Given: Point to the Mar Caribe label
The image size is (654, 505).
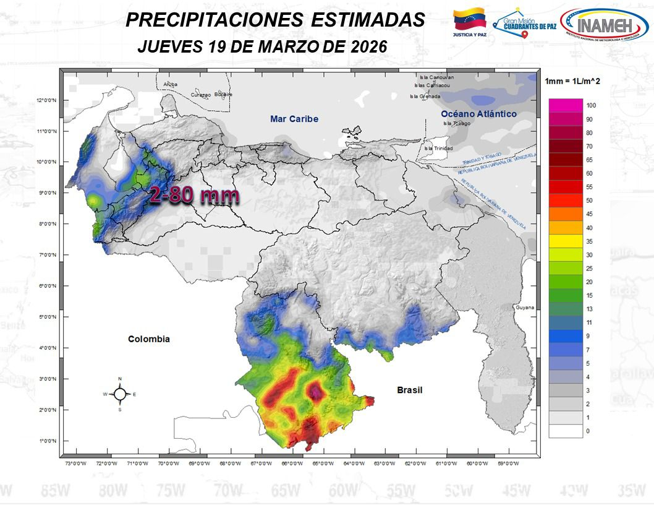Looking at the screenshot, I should (x=294, y=118).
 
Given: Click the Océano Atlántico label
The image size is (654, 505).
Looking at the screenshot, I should (x=478, y=114).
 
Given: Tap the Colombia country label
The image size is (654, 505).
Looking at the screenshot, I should (x=148, y=339).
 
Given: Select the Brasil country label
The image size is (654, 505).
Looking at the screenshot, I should (x=409, y=390).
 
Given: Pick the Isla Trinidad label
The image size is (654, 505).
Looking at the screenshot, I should (x=438, y=149).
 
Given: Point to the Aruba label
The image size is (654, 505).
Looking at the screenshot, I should (x=170, y=84).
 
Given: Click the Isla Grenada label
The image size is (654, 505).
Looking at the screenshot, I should (x=425, y=97).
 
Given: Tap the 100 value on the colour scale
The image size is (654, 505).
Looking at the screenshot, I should (x=590, y=106).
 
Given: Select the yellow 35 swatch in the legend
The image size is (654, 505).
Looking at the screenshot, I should (x=566, y=241).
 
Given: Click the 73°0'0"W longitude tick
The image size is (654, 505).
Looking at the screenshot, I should (x=75, y=464).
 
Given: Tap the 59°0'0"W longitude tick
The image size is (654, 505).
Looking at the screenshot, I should (x=507, y=464).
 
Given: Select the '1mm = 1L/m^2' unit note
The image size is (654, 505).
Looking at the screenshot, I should (x=572, y=81).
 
